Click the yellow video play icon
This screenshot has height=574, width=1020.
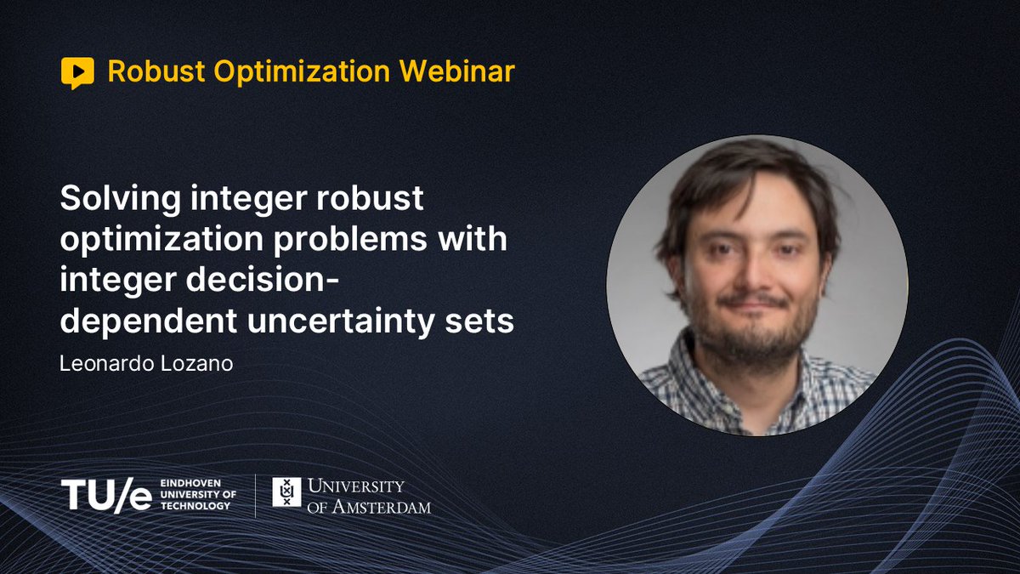pos(77,73)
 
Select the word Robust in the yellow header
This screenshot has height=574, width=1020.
pos(156,71)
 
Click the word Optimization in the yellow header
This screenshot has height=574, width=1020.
pos(298,71)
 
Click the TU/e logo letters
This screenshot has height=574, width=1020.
pos(106,495)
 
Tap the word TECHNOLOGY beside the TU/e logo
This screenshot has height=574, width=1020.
pos(195,506)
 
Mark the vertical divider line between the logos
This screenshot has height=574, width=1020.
pos(256,495)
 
